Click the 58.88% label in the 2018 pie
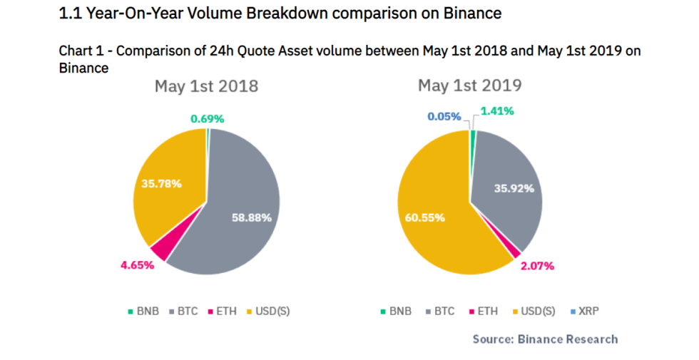[x=252, y=217]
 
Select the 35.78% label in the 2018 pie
[x=161, y=183]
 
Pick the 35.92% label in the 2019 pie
[x=513, y=189]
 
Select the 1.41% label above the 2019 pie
[x=497, y=110]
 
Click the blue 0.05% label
[x=444, y=116]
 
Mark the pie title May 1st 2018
[x=207, y=87]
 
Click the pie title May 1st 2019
[x=470, y=86]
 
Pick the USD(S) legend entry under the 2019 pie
[x=535, y=312]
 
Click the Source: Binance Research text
[x=545, y=339]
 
